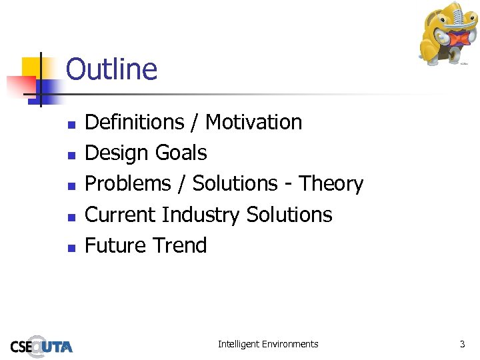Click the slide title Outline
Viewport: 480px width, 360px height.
[x=111, y=69]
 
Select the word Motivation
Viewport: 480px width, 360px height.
[x=253, y=122]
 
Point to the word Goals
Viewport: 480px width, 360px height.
[x=181, y=153]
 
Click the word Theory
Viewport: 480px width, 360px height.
[x=331, y=183]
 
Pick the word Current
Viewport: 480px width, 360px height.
[x=121, y=215]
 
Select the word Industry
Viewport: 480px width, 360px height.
[x=201, y=215]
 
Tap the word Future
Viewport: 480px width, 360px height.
[x=114, y=245]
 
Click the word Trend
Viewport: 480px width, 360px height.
[x=177, y=245]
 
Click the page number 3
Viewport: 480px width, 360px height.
[x=461, y=344]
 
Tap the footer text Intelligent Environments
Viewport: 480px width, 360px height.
[x=268, y=344]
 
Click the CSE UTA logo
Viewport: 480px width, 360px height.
[x=41, y=345]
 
